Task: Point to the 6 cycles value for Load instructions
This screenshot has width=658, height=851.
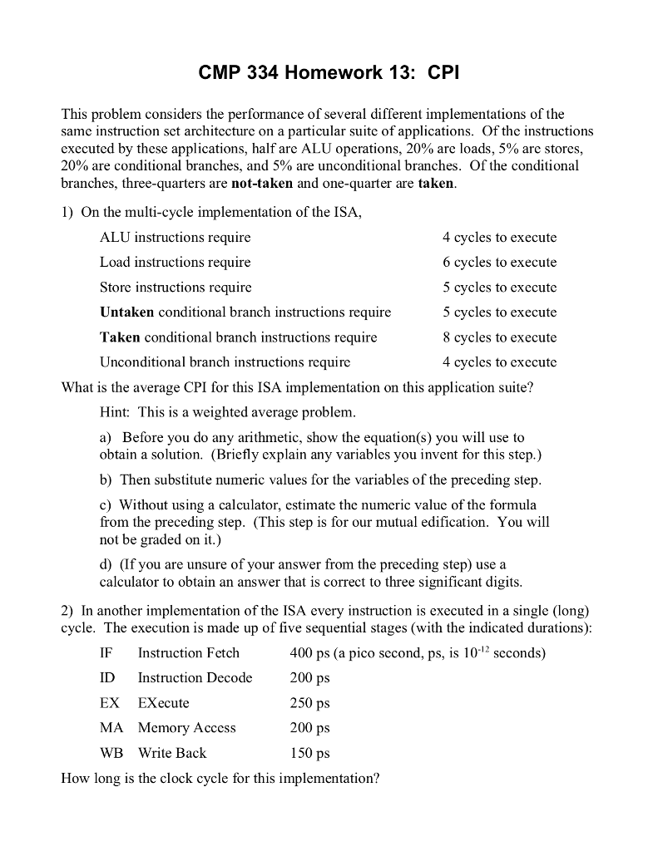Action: (x=499, y=263)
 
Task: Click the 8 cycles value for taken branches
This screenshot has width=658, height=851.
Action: (x=499, y=337)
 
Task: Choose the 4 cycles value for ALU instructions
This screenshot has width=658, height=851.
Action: (x=499, y=238)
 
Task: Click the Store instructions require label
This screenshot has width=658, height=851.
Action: (x=175, y=288)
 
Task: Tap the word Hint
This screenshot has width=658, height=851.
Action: (x=115, y=412)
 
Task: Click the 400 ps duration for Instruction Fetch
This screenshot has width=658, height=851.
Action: (x=309, y=653)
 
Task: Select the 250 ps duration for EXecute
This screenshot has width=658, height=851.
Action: (x=309, y=703)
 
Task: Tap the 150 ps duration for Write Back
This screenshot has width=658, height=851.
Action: (x=309, y=753)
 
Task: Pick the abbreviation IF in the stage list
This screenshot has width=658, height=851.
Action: (x=106, y=653)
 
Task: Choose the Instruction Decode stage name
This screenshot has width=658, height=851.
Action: (x=195, y=678)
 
